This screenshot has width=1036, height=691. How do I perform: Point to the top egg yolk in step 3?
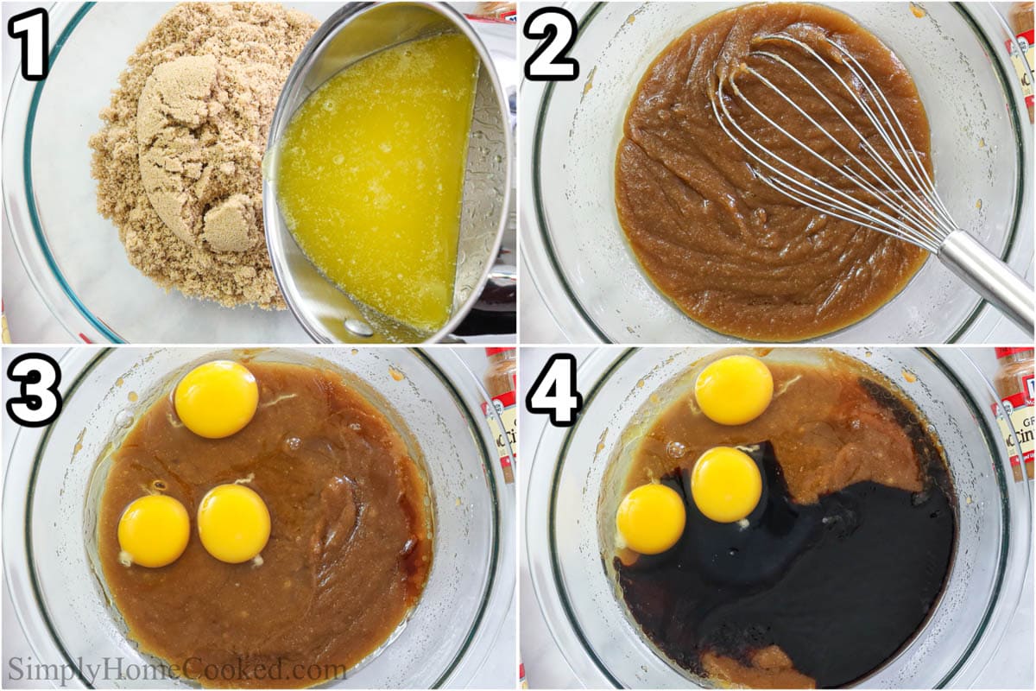[x=216, y=399]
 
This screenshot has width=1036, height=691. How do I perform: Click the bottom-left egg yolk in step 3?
[x=154, y=530]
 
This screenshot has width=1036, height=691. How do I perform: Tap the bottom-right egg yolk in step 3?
[x=234, y=523]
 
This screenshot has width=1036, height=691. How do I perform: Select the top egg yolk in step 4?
[x=734, y=390]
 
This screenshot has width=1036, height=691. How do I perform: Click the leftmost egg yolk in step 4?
[x=650, y=518]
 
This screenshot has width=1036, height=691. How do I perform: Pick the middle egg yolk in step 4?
[x=726, y=485]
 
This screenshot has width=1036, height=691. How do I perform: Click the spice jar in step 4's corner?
[x=1017, y=406]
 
